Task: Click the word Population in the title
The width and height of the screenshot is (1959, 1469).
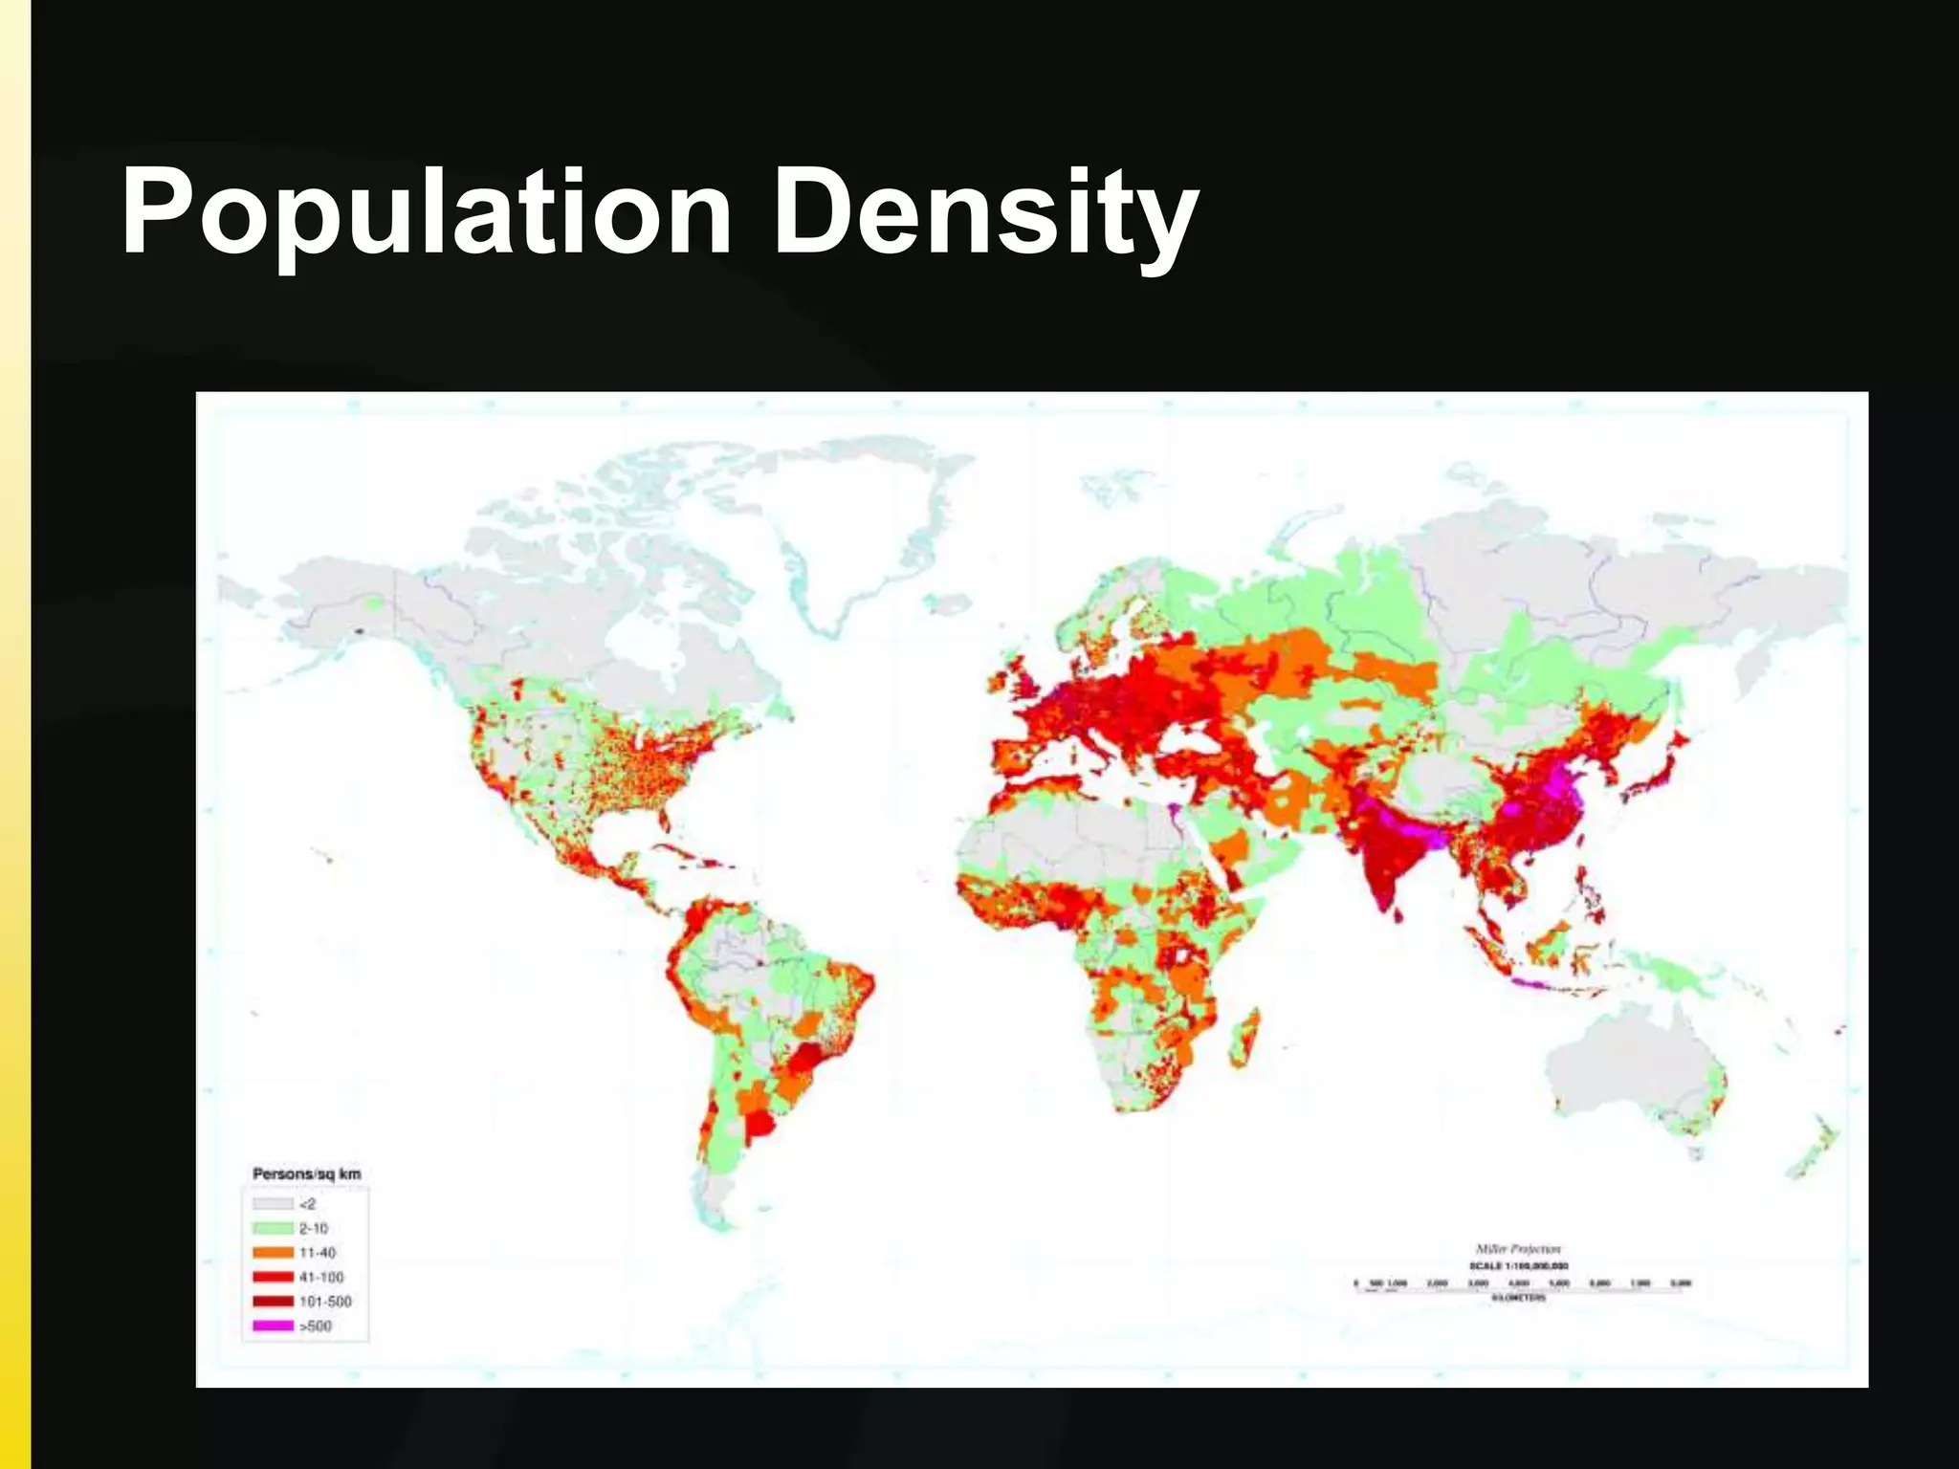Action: pyautogui.click(x=426, y=212)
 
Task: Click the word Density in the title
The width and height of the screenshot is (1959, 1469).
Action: pyautogui.click(x=985, y=212)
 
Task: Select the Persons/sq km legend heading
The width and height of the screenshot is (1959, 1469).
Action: pyautogui.click(x=306, y=1173)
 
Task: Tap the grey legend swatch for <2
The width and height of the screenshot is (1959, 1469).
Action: pyautogui.click(x=273, y=1204)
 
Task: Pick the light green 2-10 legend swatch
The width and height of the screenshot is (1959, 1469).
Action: pyautogui.click(x=273, y=1228)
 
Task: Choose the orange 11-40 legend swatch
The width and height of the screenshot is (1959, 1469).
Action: pyautogui.click(x=273, y=1253)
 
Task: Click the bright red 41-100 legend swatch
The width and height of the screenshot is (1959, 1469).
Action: pyautogui.click(x=273, y=1277)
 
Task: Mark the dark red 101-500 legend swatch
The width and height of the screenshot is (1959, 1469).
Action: pyautogui.click(x=273, y=1302)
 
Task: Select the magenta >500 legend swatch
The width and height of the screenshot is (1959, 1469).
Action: pyautogui.click(x=273, y=1326)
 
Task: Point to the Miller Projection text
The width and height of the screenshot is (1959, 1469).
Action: pyautogui.click(x=1518, y=1249)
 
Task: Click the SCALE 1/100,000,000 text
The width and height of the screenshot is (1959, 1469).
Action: pyautogui.click(x=1518, y=1265)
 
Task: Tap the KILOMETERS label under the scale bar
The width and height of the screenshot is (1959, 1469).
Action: pyautogui.click(x=1518, y=1298)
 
